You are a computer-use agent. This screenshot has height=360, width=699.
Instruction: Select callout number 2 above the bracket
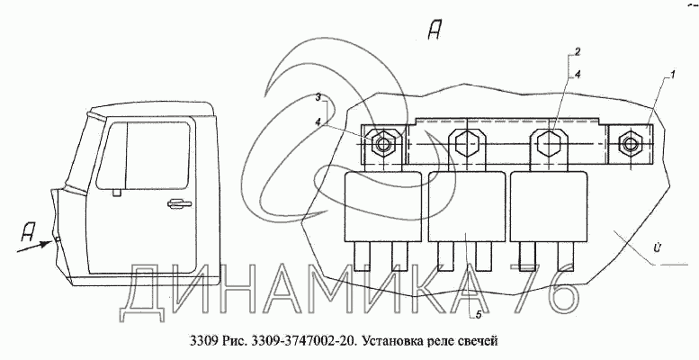(578, 51)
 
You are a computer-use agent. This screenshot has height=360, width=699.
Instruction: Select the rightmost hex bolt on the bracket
(632, 144)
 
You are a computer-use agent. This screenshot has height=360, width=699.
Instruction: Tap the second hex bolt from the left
(464, 142)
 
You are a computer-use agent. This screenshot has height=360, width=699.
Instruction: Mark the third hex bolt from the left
(548, 142)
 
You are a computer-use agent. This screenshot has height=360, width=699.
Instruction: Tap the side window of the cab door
(149, 157)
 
